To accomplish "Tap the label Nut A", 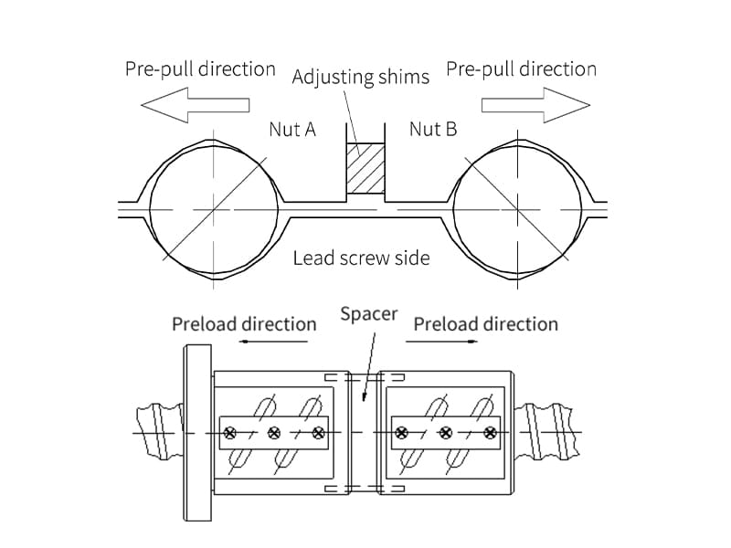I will click(x=292, y=130).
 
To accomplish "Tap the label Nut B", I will click(x=432, y=129).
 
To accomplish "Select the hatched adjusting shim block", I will click(x=365, y=168).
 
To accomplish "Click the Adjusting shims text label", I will click(x=360, y=76).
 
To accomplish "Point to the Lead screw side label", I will click(x=361, y=258).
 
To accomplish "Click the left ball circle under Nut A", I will click(x=214, y=209).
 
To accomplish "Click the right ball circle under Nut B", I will click(x=517, y=209).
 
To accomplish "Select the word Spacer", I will click(x=369, y=314).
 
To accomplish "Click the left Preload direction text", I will click(x=244, y=324).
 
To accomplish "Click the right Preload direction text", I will click(x=485, y=324).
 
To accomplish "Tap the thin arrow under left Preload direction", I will click(x=274, y=342).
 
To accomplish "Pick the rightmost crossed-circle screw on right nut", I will click(x=491, y=432).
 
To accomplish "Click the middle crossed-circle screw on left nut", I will click(x=274, y=432).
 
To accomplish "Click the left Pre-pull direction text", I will click(x=200, y=68).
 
